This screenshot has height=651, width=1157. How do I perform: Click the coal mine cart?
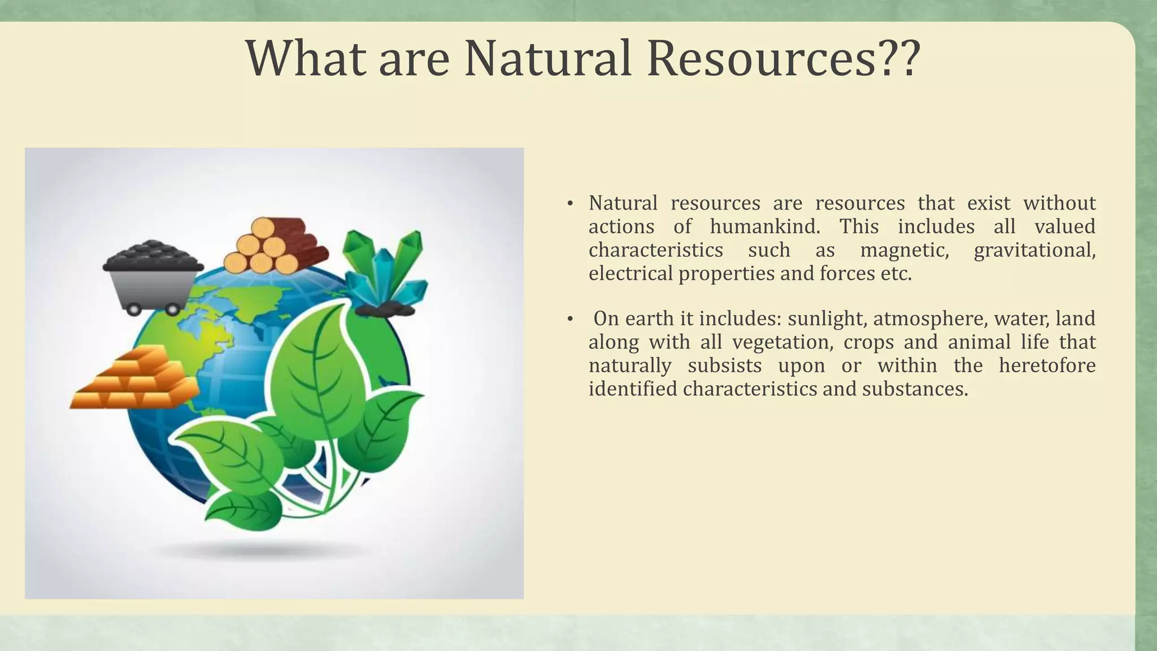click(x=153, y=277)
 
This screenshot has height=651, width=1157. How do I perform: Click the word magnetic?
click(x=904, y=250)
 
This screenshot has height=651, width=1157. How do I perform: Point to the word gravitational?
click(x=1035, y=250)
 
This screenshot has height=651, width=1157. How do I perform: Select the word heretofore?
click(x=1047, y=366)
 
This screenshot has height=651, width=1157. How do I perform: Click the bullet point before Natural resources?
click(x=571, y=203)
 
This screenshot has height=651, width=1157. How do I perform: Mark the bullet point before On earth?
click(x=571, y=319)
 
